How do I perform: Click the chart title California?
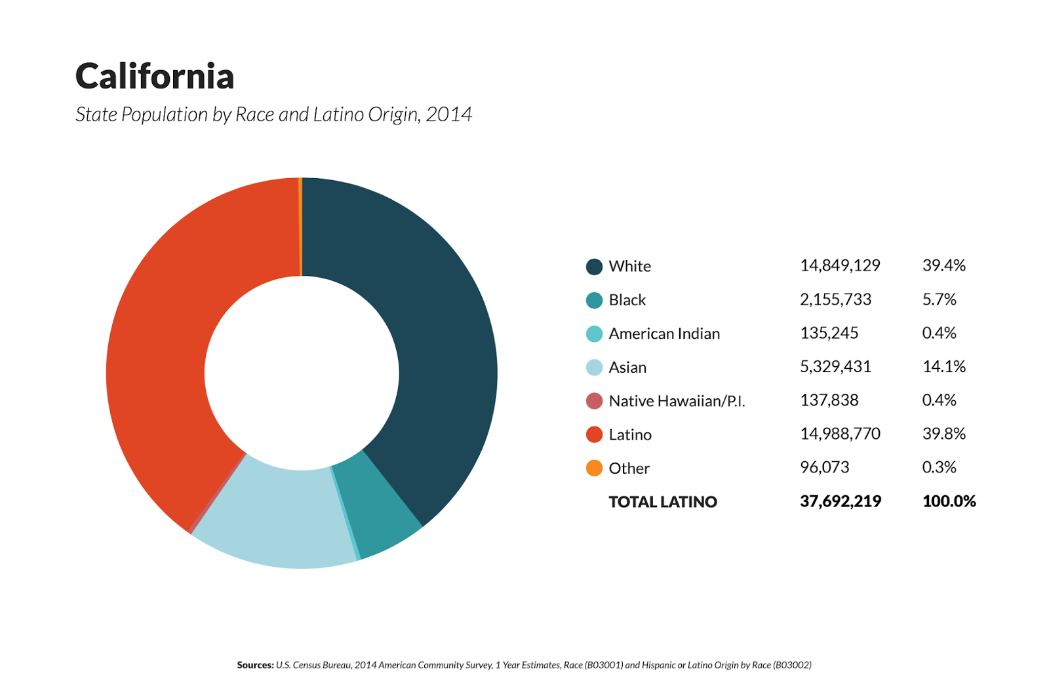click(155, 77)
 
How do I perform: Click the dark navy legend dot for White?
click(594, 267)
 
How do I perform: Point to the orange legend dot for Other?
click(594, 468)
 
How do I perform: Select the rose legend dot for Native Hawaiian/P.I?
click(594, 401)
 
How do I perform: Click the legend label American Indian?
click(664, 333)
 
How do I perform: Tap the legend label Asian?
click(627, 368)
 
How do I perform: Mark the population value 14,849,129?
click(840, 265)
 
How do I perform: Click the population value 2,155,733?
click(835, 299)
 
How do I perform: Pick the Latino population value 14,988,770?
click(840, 434)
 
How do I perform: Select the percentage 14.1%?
click(944, 366)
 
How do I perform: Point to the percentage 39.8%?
click(944, 434)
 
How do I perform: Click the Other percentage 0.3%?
click(939, 467)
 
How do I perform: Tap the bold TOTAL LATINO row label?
click(663, 502)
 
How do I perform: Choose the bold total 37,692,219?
click(841, 501)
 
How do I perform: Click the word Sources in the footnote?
click(255, 665)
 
